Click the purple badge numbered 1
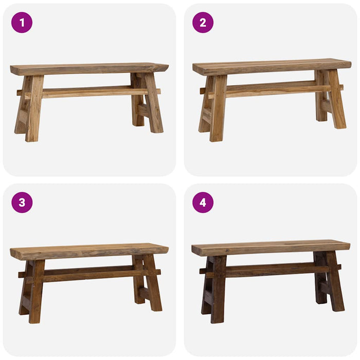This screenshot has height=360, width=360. pos(22,23)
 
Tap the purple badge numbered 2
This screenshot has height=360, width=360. pos(203,23)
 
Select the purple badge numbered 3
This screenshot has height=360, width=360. pos(22,203)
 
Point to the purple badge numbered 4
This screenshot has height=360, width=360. pos(203,203)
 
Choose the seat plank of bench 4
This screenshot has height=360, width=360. pos(271,247)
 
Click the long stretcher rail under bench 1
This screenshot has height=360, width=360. pos(87,93)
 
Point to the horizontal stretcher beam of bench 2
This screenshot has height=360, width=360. pos(270,89)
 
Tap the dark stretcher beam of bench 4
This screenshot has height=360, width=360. pos(270,269)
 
